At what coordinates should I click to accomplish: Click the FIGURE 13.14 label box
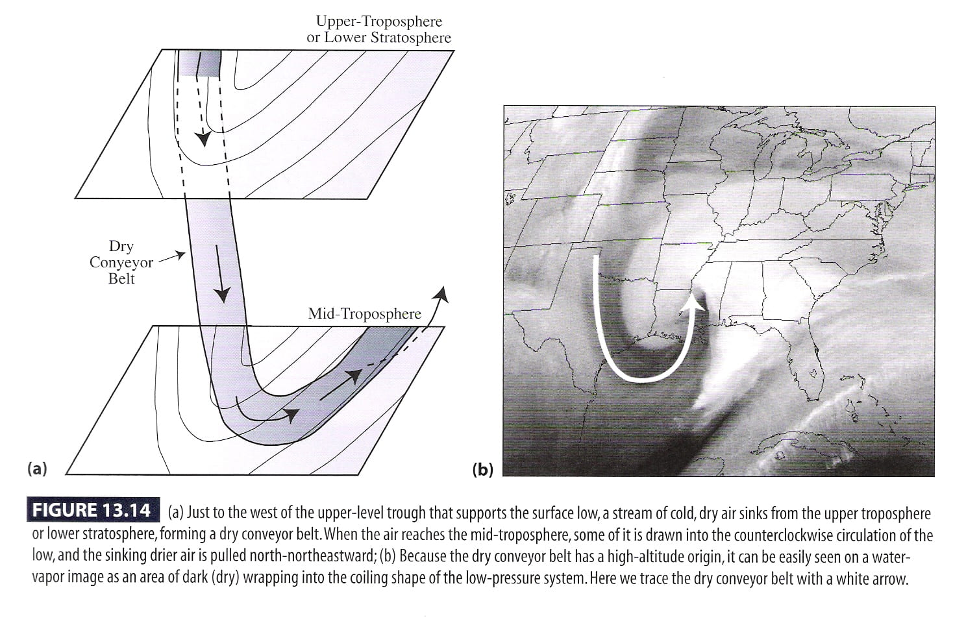click(93, 511)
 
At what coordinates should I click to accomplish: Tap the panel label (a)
click(38, 468)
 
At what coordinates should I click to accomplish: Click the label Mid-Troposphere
click(364, 314)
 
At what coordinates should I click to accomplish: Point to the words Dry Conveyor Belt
click(121, 262)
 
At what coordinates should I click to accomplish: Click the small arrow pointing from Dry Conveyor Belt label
click(171, 257)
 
